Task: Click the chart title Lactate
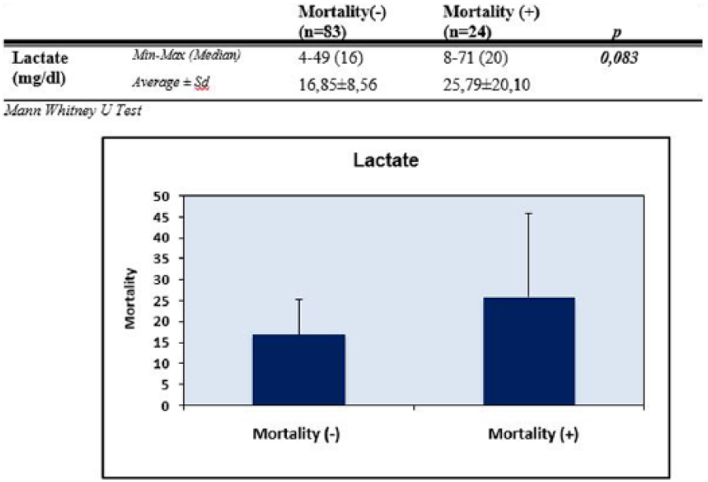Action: [x=386, y=160]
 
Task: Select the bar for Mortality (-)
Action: [x=299, y=370]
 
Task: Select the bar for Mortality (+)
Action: [x=529, y=351]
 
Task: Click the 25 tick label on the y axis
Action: [x=161, y=301]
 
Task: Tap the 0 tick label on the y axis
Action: [x=165, y=406]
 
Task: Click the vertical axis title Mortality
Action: [x=130, y=299]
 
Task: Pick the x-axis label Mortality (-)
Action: [x=296, y=434]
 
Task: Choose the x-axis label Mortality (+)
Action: [x=533, y=434]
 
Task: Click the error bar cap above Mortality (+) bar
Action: [x=528, y=214]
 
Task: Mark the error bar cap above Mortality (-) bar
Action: [x=299, y=299]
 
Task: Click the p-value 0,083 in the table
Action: [x=619, y=58]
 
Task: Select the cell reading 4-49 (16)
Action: [x=331, y=58]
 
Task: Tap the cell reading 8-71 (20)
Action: [x=475, y=58]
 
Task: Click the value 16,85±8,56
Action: [x=338, y=85]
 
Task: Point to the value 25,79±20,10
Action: [x=486, y=85]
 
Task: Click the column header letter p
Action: [x=617, y=32]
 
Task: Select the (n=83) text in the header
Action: [x=322, y=32]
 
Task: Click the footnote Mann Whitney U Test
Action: [x=73, y=110]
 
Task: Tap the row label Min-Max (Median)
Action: [x=186, y=56]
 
